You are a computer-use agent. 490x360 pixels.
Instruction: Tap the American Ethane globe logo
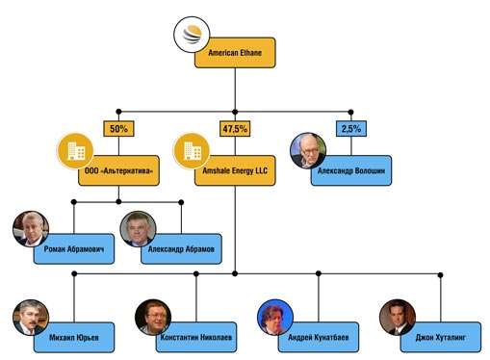point(192,35)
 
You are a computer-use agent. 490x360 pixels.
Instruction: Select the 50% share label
point(118,129)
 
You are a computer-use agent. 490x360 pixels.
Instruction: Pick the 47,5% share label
point(235,129)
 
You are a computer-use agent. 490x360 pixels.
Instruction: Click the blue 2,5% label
point(351,129)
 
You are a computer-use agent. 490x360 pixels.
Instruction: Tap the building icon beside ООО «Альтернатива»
point(75,151)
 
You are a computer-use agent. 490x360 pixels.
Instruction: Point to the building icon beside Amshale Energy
point(192,151)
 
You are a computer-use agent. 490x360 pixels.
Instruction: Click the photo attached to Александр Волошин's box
point(308,151)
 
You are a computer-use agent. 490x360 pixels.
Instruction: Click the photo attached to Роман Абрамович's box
point(31,229)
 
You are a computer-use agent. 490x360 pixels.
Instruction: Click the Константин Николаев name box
point(197,338)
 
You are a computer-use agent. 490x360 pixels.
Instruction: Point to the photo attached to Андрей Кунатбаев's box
point(275,318)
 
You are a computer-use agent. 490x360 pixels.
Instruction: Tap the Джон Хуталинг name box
point(442,338)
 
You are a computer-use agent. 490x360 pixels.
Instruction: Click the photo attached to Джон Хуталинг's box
point(398,318)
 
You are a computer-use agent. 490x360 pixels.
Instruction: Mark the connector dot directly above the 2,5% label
point(350,112)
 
